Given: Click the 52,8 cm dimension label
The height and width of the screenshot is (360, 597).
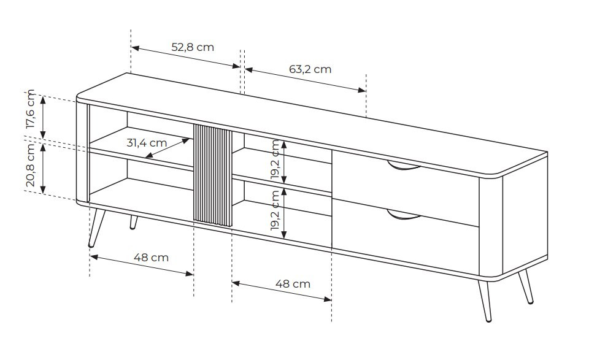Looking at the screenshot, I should [192, 47].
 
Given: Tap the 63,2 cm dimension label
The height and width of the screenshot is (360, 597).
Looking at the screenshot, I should [310, 69].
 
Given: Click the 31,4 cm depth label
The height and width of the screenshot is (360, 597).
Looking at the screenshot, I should [147, 143].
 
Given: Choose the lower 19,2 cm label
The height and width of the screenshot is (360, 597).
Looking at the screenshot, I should [275, 210].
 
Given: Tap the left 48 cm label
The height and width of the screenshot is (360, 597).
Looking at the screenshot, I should [151, 258].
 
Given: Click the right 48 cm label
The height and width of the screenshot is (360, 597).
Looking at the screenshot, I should [293, 284].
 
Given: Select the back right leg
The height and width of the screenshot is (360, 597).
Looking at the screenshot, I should [526, 287].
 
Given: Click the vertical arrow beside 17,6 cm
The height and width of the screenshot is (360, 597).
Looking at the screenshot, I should [44, 117].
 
